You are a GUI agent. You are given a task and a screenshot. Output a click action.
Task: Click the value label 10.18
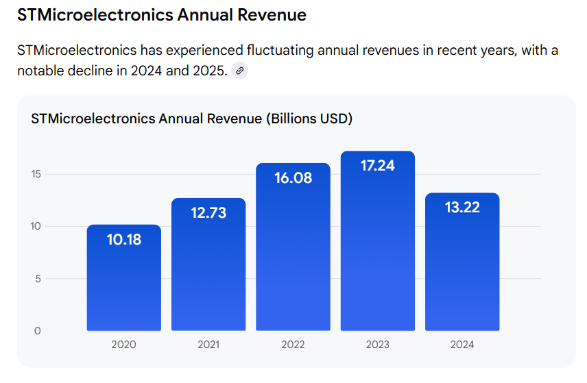tap(124, 240)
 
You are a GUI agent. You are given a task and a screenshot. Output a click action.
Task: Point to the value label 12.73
tap(208, 213)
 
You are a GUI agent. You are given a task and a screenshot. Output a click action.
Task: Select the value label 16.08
tap(293, 178)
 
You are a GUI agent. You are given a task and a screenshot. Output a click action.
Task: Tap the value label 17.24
tap(378, 165)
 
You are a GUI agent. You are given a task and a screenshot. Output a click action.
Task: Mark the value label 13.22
tap(462, 208)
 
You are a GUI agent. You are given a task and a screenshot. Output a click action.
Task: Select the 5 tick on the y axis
tap(38, 279)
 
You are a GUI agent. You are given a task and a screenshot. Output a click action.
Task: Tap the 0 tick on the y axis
tap(38, 331)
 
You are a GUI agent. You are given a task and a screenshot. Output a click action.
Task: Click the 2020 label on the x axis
tap(124, 345)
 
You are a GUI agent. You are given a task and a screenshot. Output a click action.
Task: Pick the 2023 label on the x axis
tap(378, 345)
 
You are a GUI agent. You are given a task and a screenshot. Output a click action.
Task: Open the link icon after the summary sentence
tap(239, 71)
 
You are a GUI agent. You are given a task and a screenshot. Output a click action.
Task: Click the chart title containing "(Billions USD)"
tap(191, 119)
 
